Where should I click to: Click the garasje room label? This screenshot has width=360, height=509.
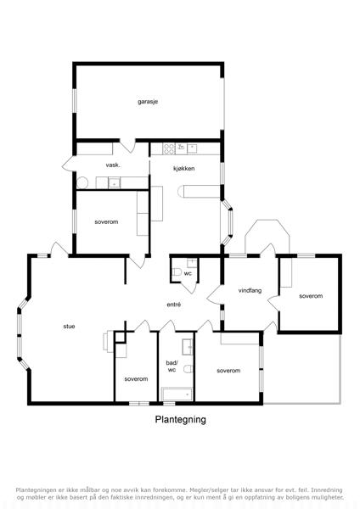148,102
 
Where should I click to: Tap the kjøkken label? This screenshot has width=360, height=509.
184,169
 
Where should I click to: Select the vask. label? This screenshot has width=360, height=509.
113,165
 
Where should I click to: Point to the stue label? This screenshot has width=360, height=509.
70,327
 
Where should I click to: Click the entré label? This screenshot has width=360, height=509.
174,305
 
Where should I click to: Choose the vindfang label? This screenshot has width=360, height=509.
250,290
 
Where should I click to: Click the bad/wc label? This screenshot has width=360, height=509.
172,366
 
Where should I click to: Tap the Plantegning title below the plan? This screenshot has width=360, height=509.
180,419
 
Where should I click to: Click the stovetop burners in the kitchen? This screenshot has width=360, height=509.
169,149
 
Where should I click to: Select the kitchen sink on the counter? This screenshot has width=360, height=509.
192,148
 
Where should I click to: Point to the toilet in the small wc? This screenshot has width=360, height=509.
177,272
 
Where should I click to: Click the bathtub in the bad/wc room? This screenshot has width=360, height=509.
177,394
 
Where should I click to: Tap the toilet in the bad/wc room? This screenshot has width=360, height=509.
188,369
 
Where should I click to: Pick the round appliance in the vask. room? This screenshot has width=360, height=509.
82,182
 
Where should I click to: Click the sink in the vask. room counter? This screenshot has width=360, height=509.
114,183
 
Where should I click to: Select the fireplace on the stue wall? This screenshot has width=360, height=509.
109,341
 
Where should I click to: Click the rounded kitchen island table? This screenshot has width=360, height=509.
199,191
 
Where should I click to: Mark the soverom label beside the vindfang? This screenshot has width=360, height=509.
311,296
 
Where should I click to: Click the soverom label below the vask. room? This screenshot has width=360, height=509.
106,222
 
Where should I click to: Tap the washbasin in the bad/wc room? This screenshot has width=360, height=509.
187,347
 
